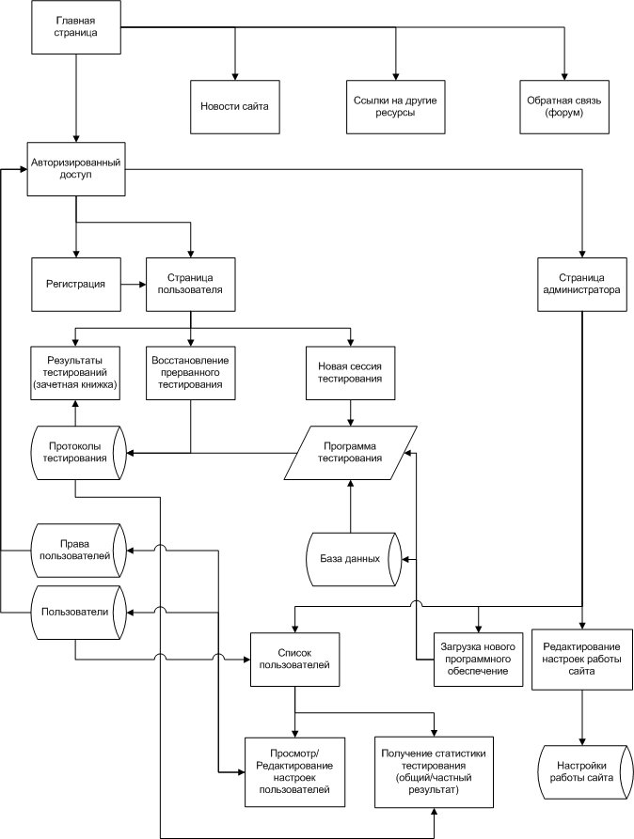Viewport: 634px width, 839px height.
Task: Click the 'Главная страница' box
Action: (76, 26)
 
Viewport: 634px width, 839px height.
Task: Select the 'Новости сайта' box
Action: (235, 106)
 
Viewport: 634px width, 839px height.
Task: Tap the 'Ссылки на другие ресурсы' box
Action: (395, 106)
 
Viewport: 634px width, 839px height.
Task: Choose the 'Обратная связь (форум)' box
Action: (564, 106)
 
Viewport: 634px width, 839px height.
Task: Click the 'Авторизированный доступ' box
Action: (76, 168)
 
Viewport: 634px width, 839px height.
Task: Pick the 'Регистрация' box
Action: (76, 284)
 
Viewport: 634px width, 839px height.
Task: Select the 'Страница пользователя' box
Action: (191, 284)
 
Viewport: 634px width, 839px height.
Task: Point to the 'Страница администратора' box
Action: (582, 284)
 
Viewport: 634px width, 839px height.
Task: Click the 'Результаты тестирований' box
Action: (75, 373)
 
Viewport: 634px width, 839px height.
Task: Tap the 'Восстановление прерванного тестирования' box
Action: (191, 373)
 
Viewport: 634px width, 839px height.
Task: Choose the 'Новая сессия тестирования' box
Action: (351, 373)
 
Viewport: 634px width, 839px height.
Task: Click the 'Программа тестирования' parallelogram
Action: (351, 453)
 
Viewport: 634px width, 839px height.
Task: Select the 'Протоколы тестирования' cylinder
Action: (78, 453)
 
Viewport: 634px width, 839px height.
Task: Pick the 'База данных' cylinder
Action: (354, 559)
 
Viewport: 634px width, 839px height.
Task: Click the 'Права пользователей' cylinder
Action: (78, 550)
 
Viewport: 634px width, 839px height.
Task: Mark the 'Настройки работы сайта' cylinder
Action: (582, 772)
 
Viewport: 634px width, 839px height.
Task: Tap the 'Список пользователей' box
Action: (294, 660)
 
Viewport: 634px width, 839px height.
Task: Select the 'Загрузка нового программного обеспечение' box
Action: (478, 660)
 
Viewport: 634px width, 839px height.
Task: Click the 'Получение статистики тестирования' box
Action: (434, 772)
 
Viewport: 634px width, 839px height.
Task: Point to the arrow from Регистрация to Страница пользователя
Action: (134, 285)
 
